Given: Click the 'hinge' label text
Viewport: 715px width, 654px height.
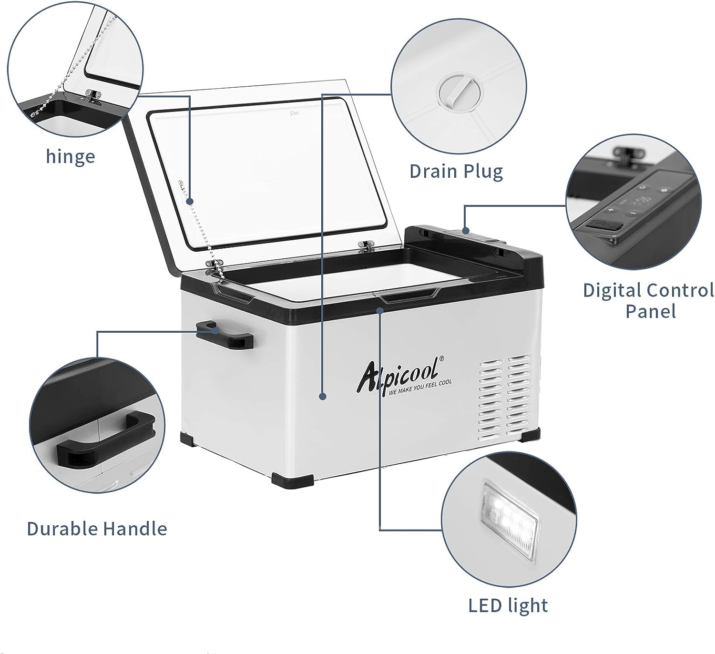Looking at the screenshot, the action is [x=71, y=157].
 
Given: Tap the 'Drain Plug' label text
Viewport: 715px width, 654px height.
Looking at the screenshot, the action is [x=456, y=172].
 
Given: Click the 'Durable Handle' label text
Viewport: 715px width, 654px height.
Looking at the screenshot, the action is [x=97, y=529].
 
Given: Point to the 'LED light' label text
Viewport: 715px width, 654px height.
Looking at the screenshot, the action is [x=508, y=605].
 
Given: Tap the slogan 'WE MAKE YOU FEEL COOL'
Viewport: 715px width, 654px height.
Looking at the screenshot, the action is [x=420, y=388].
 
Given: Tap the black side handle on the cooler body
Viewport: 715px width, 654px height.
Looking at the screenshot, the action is [x=225, y=335].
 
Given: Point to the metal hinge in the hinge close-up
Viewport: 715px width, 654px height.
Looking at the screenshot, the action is [x=92, y=95].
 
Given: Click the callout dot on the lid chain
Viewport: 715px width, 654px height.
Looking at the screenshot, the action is [x=190, y=202].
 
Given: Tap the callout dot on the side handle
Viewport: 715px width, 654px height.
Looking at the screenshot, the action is [x=214, y=330].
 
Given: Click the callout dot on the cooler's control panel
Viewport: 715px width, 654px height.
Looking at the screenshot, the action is [x=466, y=231].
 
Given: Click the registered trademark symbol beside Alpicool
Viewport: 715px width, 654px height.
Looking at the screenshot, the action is [x=442, y=358].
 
